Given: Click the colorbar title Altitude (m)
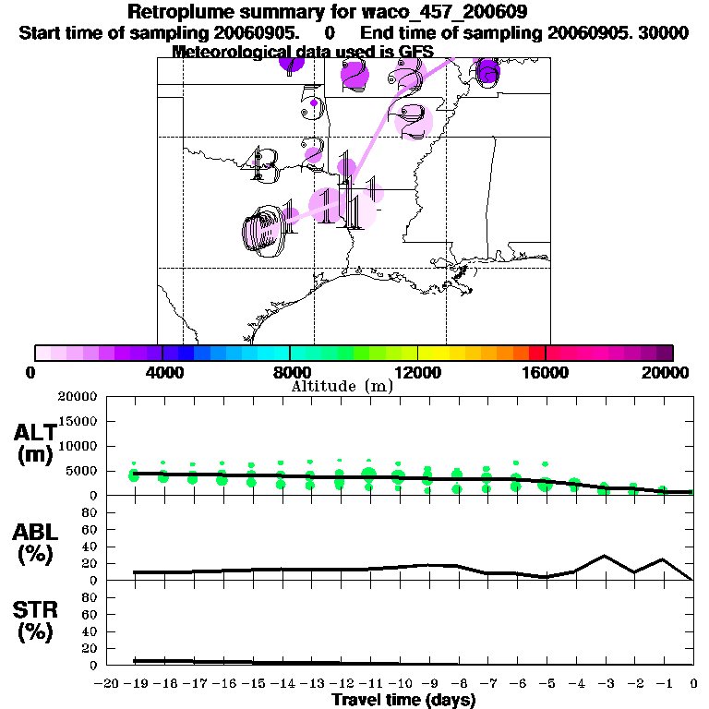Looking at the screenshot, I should click(342, 386).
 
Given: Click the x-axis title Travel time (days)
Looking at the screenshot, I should click(403, 700).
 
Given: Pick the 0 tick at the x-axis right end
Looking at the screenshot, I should click(693, 684).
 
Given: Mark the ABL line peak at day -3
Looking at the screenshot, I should click(605, 556).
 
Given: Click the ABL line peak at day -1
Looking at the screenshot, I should click(663, 559).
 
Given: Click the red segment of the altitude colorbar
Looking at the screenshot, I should click(536, 353).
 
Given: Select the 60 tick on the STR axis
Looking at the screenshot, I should click(92, 614).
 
